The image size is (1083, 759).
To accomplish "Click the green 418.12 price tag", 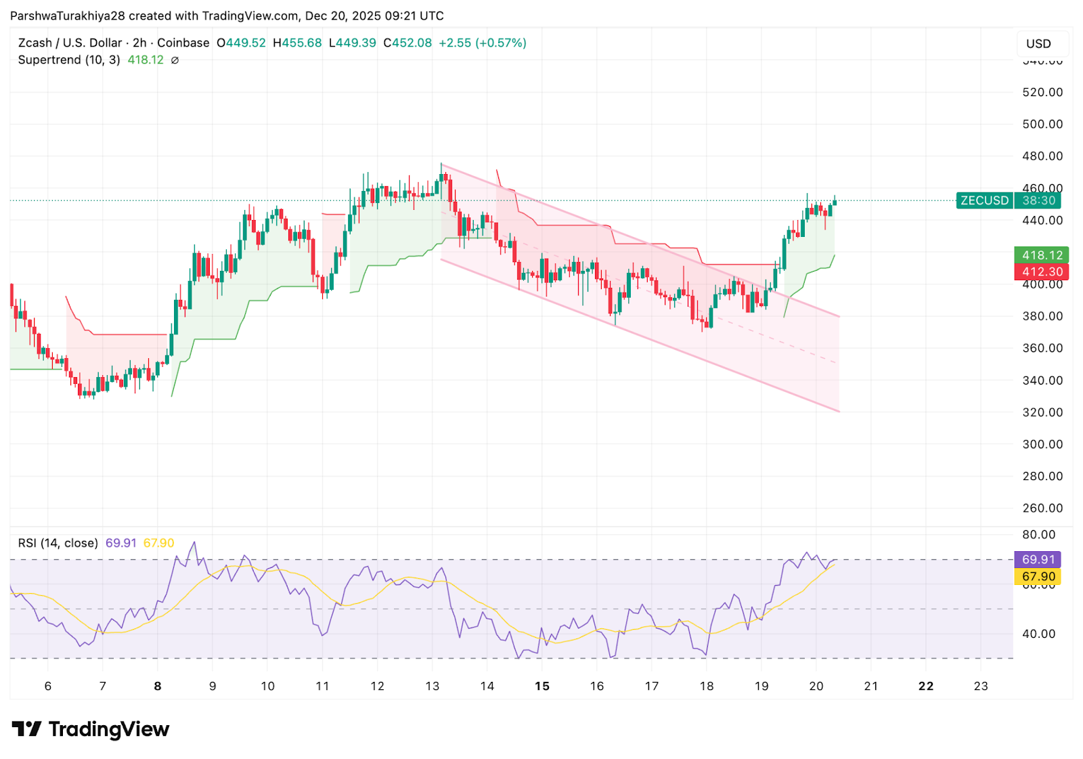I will pyautogui.click(x=1041, y=255).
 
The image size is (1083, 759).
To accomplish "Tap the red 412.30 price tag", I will pyautogui.click(x=1041, y=272).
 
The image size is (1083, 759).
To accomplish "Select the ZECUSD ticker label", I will pyautogui.click(x=984, y=200).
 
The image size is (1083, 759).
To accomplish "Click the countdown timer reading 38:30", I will pyautogui.click(x=1038, y=200).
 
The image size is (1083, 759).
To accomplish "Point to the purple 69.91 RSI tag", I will pyautogui.click(x=1038, y=559).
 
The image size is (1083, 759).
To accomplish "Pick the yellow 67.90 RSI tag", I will pyautogui.click(x=1038, y=577).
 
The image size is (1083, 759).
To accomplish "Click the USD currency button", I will pyautogui.click(x=1038, y=44).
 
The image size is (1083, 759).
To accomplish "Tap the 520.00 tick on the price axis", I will pyautogui.click(x=1042, y=92).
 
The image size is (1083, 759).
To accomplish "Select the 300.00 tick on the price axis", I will pyautogui.click(x=1042, y=444).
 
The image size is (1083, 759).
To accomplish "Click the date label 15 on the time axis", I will pyautogui.click(x=541, y=686).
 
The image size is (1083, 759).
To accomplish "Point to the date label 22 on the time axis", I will pyautogui.click(x=925, y=686).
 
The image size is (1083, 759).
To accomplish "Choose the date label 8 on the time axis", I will pyautogui.click(x=158, y=686).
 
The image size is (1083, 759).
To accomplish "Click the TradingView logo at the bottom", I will pyautogui.click(x=91, y=729).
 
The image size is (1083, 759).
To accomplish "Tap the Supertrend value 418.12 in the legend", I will pyautogui.click(x=146, y=60).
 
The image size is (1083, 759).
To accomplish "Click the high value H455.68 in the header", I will pyautogui.click(x=297, y=43).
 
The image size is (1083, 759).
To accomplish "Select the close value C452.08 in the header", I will pyautogui.click(x=407, y=43).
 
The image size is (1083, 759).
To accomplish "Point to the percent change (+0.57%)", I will pyautogui.click(x=501, y=43).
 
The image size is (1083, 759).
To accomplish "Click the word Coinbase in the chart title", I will pyautogui.click(x=183, y=43).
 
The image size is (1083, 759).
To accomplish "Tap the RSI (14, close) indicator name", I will pyautogui.click(x=58, y=543).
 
